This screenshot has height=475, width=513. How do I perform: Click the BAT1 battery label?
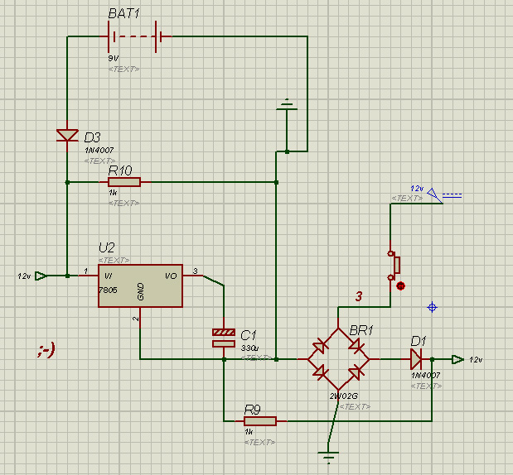pos(125,16)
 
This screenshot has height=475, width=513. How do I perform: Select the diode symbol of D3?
pos(67,136)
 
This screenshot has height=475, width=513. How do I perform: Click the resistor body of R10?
pos(124,182)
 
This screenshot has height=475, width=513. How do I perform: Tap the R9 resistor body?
pos(260,420)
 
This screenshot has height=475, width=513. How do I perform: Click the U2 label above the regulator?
pos(107,247)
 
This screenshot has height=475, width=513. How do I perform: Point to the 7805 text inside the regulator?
pos(108,290)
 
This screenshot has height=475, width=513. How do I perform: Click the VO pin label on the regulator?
pos(171,276)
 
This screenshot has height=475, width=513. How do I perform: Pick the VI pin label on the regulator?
pos(108,276)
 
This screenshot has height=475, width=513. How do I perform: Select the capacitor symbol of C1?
pos(224,338)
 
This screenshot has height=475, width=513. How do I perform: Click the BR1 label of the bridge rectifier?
pos(361,330)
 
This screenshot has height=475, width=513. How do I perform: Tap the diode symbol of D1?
pos(416,359)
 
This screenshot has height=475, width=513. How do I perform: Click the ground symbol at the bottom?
pos(330,455)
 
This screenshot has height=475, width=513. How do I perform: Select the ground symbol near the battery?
pos(286,106)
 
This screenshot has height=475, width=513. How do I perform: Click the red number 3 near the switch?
pos(359,296)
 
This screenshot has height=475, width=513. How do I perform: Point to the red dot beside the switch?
pos(401,286)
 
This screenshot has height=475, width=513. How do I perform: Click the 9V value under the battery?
pos(113,59)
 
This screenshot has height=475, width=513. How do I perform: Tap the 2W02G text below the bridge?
pos(342,396)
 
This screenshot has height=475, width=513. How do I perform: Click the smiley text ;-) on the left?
pos(46,350)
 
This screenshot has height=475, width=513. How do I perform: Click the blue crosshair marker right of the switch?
pos(432,308)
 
